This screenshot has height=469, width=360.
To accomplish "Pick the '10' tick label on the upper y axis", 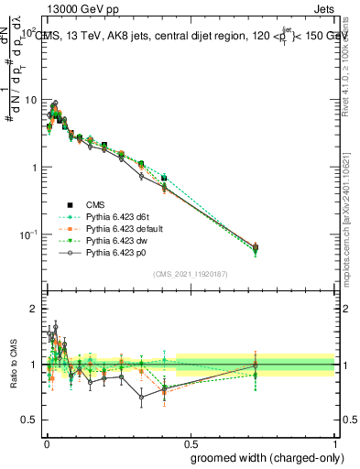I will point(28,99).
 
